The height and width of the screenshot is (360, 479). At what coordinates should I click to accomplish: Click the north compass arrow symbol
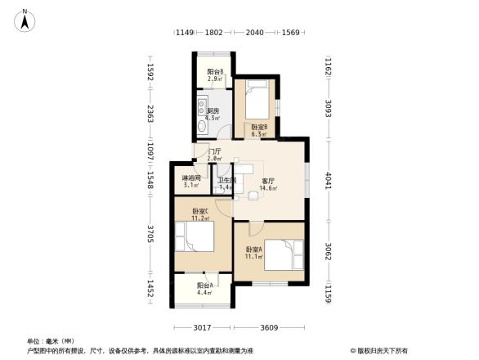pyautogui.click(x=25, y=20)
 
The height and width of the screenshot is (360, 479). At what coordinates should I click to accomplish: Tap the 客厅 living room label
pyautogui.click(x=267, y=181)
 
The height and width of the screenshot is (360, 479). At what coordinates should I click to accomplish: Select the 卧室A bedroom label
pyautogui.click(x=253, y=250)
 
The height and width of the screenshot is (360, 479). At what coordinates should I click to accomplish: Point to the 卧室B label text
pyautogui.click(x=260, y=127)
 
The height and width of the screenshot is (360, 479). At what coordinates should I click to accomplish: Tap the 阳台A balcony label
pyautogui.click(x=204, y=286)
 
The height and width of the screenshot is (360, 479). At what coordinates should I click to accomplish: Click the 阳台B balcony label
pyautogui.click(x=215, y=72)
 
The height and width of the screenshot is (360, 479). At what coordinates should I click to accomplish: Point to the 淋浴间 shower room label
pyautogui.click(x=190, y=178)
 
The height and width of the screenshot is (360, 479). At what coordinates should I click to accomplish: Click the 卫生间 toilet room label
pyautogui.click(x=226, y=181)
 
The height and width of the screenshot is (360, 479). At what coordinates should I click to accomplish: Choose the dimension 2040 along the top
pyautogui.click(x=254, y=33)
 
